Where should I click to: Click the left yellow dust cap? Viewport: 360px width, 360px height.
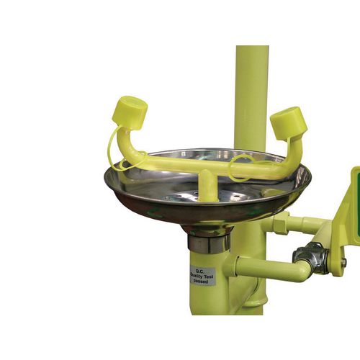click(x=130, y=113)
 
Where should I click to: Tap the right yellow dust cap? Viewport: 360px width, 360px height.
click(x=289, y=123)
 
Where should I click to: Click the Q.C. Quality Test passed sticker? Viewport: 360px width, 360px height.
click(x=202, y=276)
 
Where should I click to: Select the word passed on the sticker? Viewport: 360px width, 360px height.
click(x=201, y=282)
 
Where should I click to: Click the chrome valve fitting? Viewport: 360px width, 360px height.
click(x=311, y=258)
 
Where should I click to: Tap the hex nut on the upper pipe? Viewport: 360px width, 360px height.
click(x=280, y=223)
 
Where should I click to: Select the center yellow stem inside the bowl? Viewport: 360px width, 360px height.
click(x=207, y=185)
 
